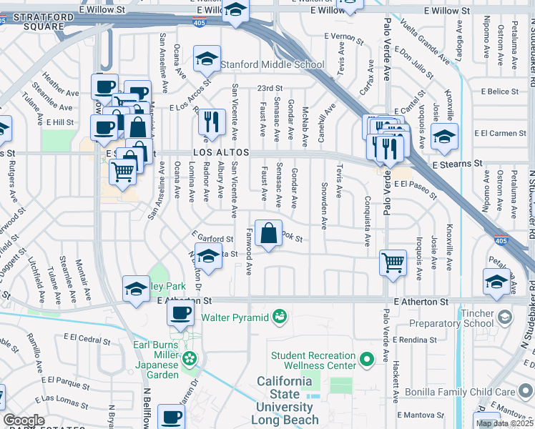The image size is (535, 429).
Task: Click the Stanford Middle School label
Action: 272,64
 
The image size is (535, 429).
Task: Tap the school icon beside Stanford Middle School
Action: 207,59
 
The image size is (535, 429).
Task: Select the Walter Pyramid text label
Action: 235,317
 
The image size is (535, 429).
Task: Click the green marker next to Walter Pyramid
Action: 280,316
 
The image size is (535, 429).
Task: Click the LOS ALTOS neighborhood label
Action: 220,153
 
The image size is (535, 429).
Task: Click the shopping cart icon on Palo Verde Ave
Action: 393,262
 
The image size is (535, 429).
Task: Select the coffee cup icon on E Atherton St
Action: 182,312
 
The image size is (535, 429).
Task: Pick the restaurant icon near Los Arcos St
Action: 210,121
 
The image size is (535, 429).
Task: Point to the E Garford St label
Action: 213,238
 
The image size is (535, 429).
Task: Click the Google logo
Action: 23,420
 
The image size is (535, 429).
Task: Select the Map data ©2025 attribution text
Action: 504,423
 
